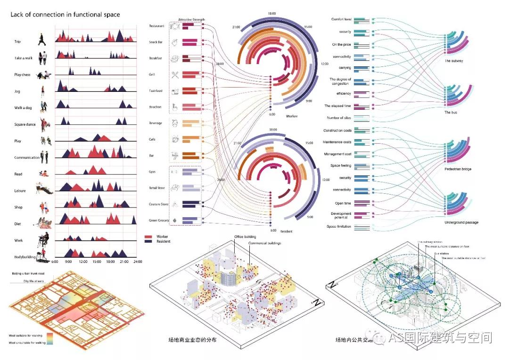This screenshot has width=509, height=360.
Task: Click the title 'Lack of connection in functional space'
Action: coord(66,15)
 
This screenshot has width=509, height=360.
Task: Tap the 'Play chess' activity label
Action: coord(23,75)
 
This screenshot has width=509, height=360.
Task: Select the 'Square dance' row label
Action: coord(25,124)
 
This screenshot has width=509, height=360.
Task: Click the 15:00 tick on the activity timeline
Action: coord(97,261)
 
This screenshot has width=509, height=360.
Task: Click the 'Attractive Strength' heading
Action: coord(192,20)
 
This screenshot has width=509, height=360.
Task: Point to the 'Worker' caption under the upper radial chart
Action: coord(292,116)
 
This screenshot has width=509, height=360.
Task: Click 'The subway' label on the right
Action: coord(454,61)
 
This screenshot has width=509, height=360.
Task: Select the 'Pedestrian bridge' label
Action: coord(458,169)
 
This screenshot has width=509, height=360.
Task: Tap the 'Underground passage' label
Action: coord(461,222)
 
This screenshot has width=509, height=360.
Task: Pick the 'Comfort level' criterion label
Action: coord(341,19)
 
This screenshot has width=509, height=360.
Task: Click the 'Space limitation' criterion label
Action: coord(339,227)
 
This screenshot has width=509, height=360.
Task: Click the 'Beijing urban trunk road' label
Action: coord(28,273)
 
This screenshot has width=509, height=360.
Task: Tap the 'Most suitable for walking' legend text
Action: coord(25,335)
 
